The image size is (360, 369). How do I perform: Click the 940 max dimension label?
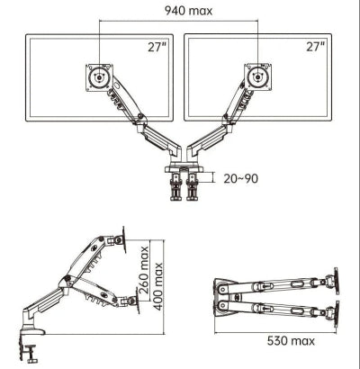[x=188, y=11]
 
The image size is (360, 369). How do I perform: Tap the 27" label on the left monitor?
[x=157, y=47]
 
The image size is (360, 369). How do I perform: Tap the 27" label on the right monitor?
[x=316, y=47]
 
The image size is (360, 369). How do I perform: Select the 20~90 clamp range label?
[x=241, y=178]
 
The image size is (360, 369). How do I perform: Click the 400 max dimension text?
[x=157, y=286]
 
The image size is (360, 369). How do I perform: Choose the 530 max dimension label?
[x=291, y=341]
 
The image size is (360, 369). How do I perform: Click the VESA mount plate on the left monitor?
[x=99, y=77]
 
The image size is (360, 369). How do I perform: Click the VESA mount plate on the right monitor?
[x=258, y=77]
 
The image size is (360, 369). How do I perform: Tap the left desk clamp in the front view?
[x=176, y=186]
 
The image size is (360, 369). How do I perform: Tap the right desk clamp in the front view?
[x=192, y=186]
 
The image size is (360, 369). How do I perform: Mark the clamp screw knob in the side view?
[x=31, y=354]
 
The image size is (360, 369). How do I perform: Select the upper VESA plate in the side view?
[x=124, y=239]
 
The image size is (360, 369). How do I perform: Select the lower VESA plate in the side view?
[x=138, y=301]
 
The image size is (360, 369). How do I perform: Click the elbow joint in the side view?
[x=67, y=280]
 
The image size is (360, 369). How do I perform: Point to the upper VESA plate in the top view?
[x=337, y=281]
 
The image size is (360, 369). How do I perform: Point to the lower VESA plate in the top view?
[x=337, y=315]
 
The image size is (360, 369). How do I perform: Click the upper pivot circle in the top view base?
[x=222, y=289]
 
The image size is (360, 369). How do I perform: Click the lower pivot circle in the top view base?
[x=222, y=306]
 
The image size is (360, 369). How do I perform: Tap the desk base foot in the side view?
[x=33, y=331]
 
